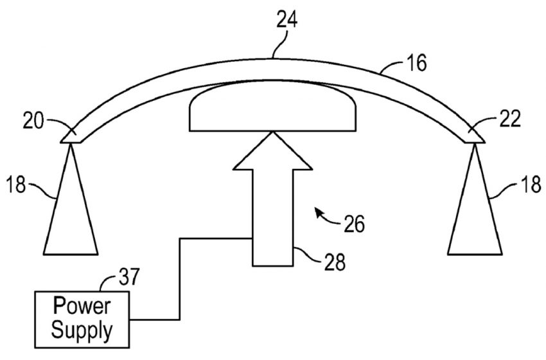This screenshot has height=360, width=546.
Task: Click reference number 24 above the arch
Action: pos(287,19)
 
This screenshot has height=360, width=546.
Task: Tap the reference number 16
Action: pos(416,64)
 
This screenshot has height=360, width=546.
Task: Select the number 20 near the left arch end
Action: pos(33,122)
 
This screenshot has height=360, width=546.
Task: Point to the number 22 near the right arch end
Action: pos(511,119)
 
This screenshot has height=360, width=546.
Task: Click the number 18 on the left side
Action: pos(16,184)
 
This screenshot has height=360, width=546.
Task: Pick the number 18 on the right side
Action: pos(532,184)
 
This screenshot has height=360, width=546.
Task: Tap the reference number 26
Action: pos(354,224)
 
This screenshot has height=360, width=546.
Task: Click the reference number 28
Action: pos(335,262)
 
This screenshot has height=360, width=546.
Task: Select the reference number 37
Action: pos(129,277)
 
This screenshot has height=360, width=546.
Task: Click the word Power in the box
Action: pos(82,306)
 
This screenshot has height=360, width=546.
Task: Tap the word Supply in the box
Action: pos(82,330)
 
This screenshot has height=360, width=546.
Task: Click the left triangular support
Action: pos(71,199)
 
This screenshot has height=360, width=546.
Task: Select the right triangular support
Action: pos(475,199)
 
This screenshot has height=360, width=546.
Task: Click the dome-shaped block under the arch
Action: pos(272,106)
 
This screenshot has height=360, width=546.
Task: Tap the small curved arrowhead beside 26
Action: pos(318,212)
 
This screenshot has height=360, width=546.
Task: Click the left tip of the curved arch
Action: pos(61,142)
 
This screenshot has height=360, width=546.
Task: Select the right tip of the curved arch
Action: pos(485,142)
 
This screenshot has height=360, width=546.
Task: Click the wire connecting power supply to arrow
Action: pos(180,279)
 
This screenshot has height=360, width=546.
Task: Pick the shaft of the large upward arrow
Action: pos(272,218)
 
